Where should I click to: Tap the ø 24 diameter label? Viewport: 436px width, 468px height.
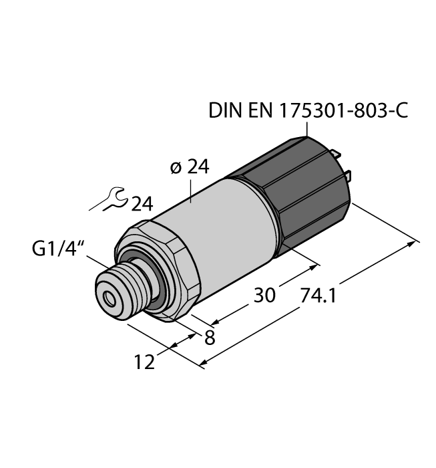tap(190, 168)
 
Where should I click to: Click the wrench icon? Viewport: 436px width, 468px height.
tap(110, 199)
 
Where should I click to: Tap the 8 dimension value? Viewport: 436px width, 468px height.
tap(209, 338)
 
